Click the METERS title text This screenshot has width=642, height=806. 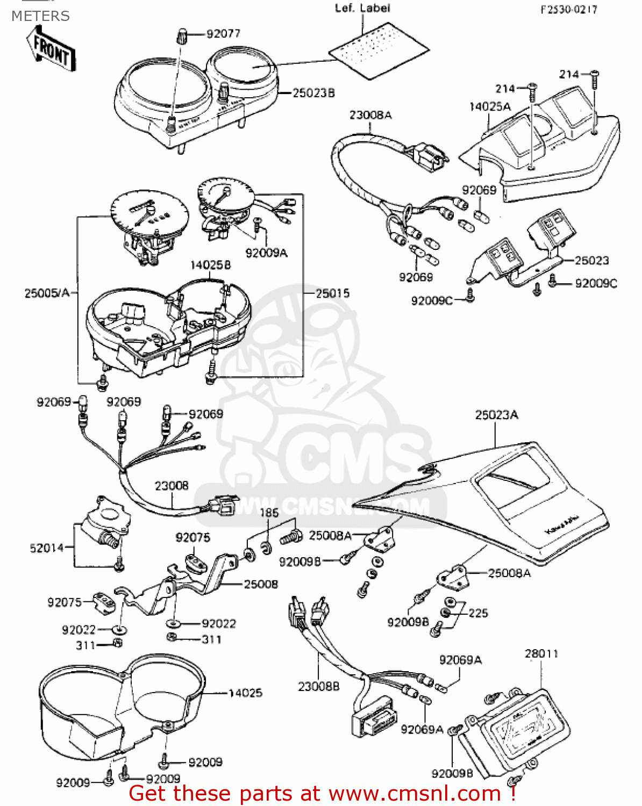(x=40, y=16)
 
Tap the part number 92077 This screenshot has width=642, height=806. (x=223, y=34)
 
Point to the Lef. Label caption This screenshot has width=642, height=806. (x=362, y=8)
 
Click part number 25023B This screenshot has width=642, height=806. (x=313, y=93)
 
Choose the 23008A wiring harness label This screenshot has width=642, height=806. (x=370, y=115)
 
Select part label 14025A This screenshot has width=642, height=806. (x=490, y=106)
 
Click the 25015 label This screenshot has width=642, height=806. (x=332, y=293)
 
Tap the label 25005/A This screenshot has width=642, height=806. (x=47, y=293)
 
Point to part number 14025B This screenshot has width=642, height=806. (x=210, y=265)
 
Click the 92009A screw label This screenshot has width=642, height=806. (x=266, y=253)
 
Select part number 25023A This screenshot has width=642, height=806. (x=496, y=415)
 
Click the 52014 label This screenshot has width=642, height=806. (x=47, y=548)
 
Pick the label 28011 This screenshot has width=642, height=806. (x=541, y=653)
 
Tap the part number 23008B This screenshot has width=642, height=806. (x=318, y=686)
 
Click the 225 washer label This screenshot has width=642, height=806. (x=478, y=613)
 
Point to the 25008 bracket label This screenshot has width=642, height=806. (x=261, y=584)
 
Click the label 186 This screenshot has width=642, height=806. (x=269, y=513)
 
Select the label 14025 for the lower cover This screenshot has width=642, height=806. (x=245, y=693)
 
